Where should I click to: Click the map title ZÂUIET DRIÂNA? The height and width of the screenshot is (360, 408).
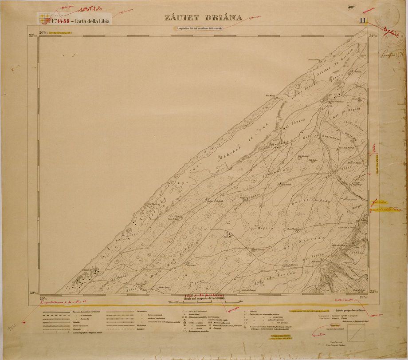click(204, 18)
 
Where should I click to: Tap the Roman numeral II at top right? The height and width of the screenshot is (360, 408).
click(363, 20)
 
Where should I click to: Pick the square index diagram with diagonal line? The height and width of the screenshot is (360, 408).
click(357, 332)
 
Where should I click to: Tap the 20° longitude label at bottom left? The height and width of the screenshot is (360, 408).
click(43, 297)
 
